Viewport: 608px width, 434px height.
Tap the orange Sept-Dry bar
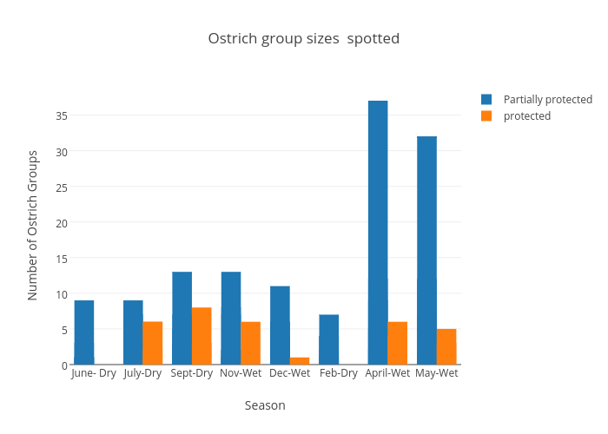pos(202,336)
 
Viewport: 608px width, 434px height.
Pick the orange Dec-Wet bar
pos(300,360)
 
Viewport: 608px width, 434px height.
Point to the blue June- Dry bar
pos(84,332)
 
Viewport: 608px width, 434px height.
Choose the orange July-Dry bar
pos(153,343)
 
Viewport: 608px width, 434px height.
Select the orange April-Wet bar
pos(398,343)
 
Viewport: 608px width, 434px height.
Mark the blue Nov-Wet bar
pos(231,318)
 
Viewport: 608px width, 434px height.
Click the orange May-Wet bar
pos(446,346)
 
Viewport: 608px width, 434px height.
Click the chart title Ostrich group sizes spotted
pos(304,38)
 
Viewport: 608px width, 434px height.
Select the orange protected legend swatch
pos(486,115)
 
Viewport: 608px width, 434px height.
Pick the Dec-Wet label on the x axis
pos(290,373)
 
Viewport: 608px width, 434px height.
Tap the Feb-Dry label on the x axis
pos(339,373)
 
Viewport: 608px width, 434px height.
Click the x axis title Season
pos(265,405)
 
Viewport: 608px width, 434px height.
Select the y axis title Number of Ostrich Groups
pos(33,225)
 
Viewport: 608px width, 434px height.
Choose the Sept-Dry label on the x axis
pos(192,373)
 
